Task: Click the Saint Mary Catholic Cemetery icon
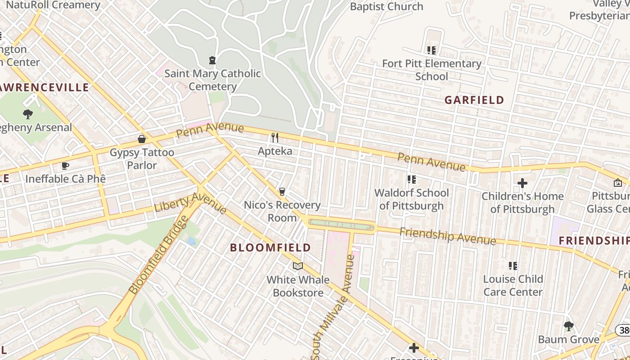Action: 212,60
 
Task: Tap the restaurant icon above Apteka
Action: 274,137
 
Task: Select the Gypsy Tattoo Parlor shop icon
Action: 142,139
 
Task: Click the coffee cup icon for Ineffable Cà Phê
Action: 65,166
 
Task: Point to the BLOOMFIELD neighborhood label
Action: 270,247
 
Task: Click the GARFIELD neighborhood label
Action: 474,100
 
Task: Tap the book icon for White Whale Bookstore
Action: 297,266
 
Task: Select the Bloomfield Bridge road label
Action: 158,254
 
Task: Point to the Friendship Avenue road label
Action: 448,236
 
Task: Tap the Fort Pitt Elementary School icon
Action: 432,50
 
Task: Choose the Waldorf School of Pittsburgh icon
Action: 411,180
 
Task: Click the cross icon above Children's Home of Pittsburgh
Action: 522,183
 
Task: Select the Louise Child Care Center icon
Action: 513,266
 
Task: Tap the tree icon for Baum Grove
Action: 568,326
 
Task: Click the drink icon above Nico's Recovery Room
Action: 282,192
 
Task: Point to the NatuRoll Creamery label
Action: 53,5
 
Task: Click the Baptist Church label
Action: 387,7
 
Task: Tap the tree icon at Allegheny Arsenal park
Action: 28,114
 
